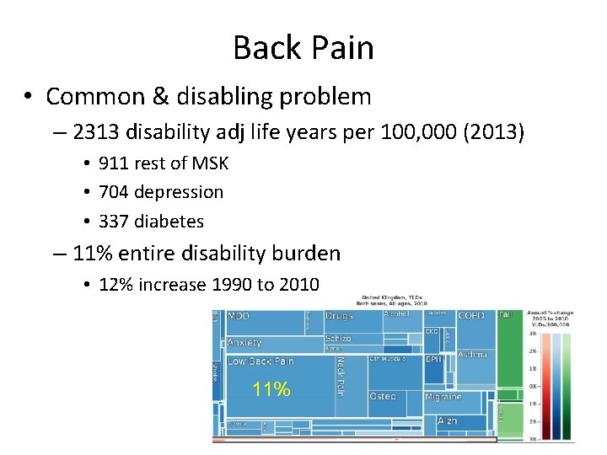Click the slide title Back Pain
(303, 47)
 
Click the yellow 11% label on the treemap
(271, 389)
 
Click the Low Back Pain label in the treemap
(261, 361)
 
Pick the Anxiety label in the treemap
(244, 343)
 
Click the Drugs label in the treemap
(339, 316)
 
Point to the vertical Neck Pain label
(341, 376)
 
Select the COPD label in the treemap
(470, 316)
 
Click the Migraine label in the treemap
(443, 396)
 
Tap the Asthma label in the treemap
(472, 355)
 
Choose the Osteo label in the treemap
(382, 396)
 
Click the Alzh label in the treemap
(447, 420)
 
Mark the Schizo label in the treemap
(337, 339)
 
